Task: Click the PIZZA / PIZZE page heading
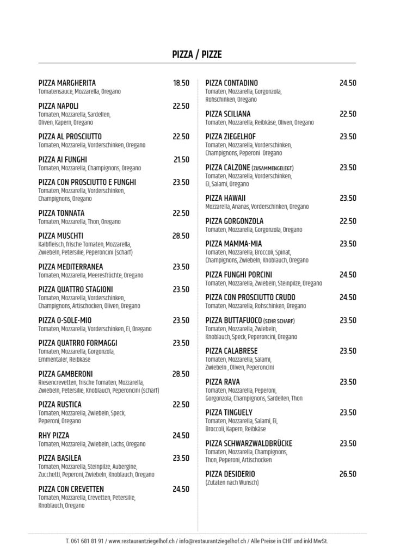click(x=196, y=54)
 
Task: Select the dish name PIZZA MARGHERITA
click(x=67, y=83)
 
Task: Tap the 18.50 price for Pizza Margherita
click(x=181, y=83)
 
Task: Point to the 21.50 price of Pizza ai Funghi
click(x=181, y=159)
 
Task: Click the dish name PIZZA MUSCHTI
click(x=61, y=236)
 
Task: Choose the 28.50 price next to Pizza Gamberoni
click(x=181, y=374)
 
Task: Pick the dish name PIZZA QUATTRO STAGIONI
click(x=76, y=289)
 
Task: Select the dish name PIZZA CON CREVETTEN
click(x=71, y=489)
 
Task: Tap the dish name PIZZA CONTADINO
click(x=232, y=83)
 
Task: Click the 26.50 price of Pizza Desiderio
click(x=348, y=474)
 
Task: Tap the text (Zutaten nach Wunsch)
click(x=232, y=482)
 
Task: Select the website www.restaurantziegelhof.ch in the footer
click(x=141, y=541)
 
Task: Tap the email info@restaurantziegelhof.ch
click(x=212, y=541)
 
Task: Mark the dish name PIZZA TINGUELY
click(x=230, y=412)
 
